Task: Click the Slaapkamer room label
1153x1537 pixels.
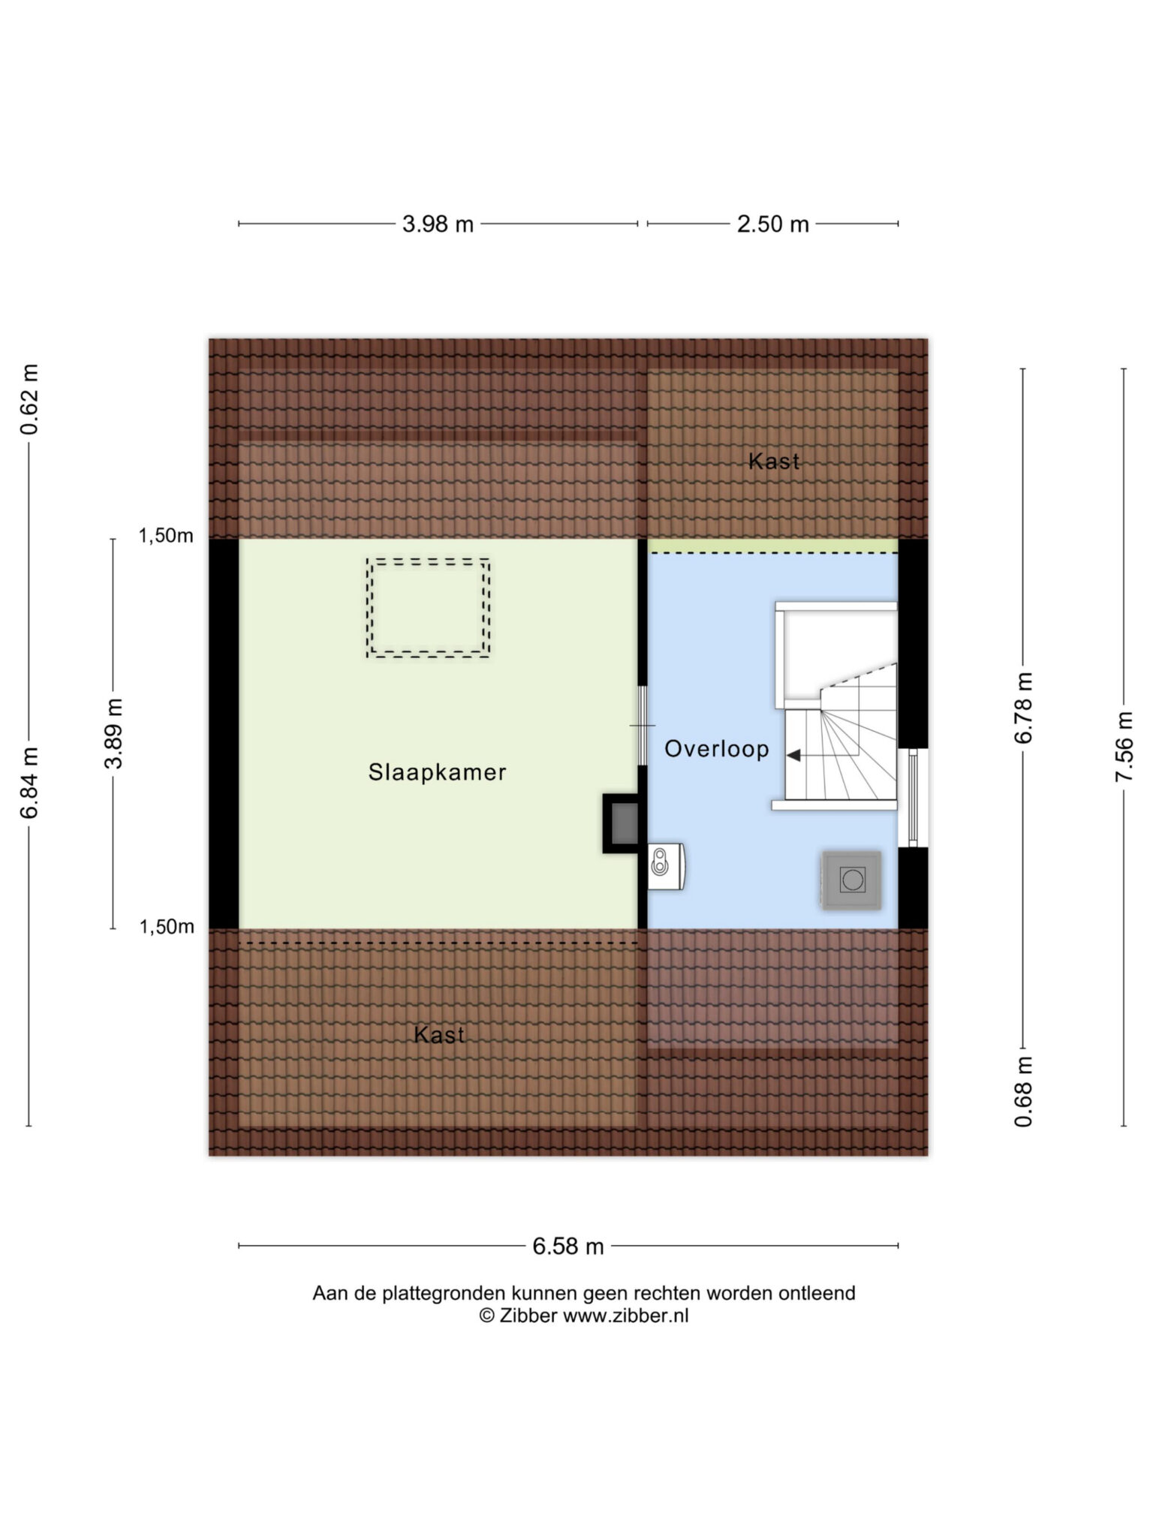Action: (437, 772)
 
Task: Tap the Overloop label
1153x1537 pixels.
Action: (717, 749)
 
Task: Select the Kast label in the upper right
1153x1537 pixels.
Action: (774, 461)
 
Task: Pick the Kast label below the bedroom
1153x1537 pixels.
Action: (439, 1035)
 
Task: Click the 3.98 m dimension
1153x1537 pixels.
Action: (438, 224)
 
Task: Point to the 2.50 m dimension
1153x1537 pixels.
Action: (772, 224)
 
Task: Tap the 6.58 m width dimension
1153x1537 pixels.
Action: (568, 1247)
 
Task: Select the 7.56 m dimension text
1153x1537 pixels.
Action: (1124, 747)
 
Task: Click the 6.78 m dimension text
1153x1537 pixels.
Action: (1023, 708)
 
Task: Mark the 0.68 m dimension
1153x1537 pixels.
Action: (1023, 1091)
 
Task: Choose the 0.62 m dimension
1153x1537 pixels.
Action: (29, 399)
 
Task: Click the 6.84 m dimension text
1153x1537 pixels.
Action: (29, 782)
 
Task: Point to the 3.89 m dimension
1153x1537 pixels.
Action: (113, 733)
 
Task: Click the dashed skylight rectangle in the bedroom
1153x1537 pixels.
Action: (429, 560)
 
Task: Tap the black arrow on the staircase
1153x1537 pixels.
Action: (793, 755)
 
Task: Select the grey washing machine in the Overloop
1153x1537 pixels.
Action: (852, 880)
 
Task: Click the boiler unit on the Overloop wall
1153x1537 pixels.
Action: (666, 866)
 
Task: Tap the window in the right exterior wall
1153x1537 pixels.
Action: (914, 798)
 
